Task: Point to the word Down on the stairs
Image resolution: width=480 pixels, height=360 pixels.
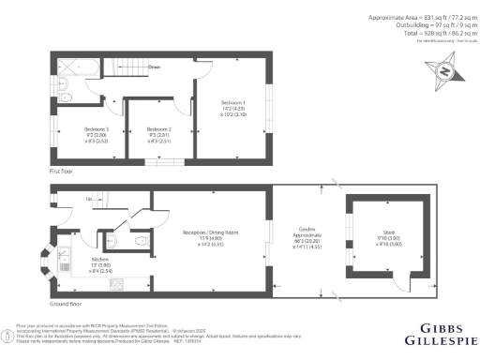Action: click(153, 68)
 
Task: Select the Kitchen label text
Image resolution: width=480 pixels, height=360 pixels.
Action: click(101, 259)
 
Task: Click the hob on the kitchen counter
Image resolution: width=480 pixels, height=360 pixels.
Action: click(119, 283)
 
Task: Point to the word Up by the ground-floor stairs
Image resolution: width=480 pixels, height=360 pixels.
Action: click(89, 199)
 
